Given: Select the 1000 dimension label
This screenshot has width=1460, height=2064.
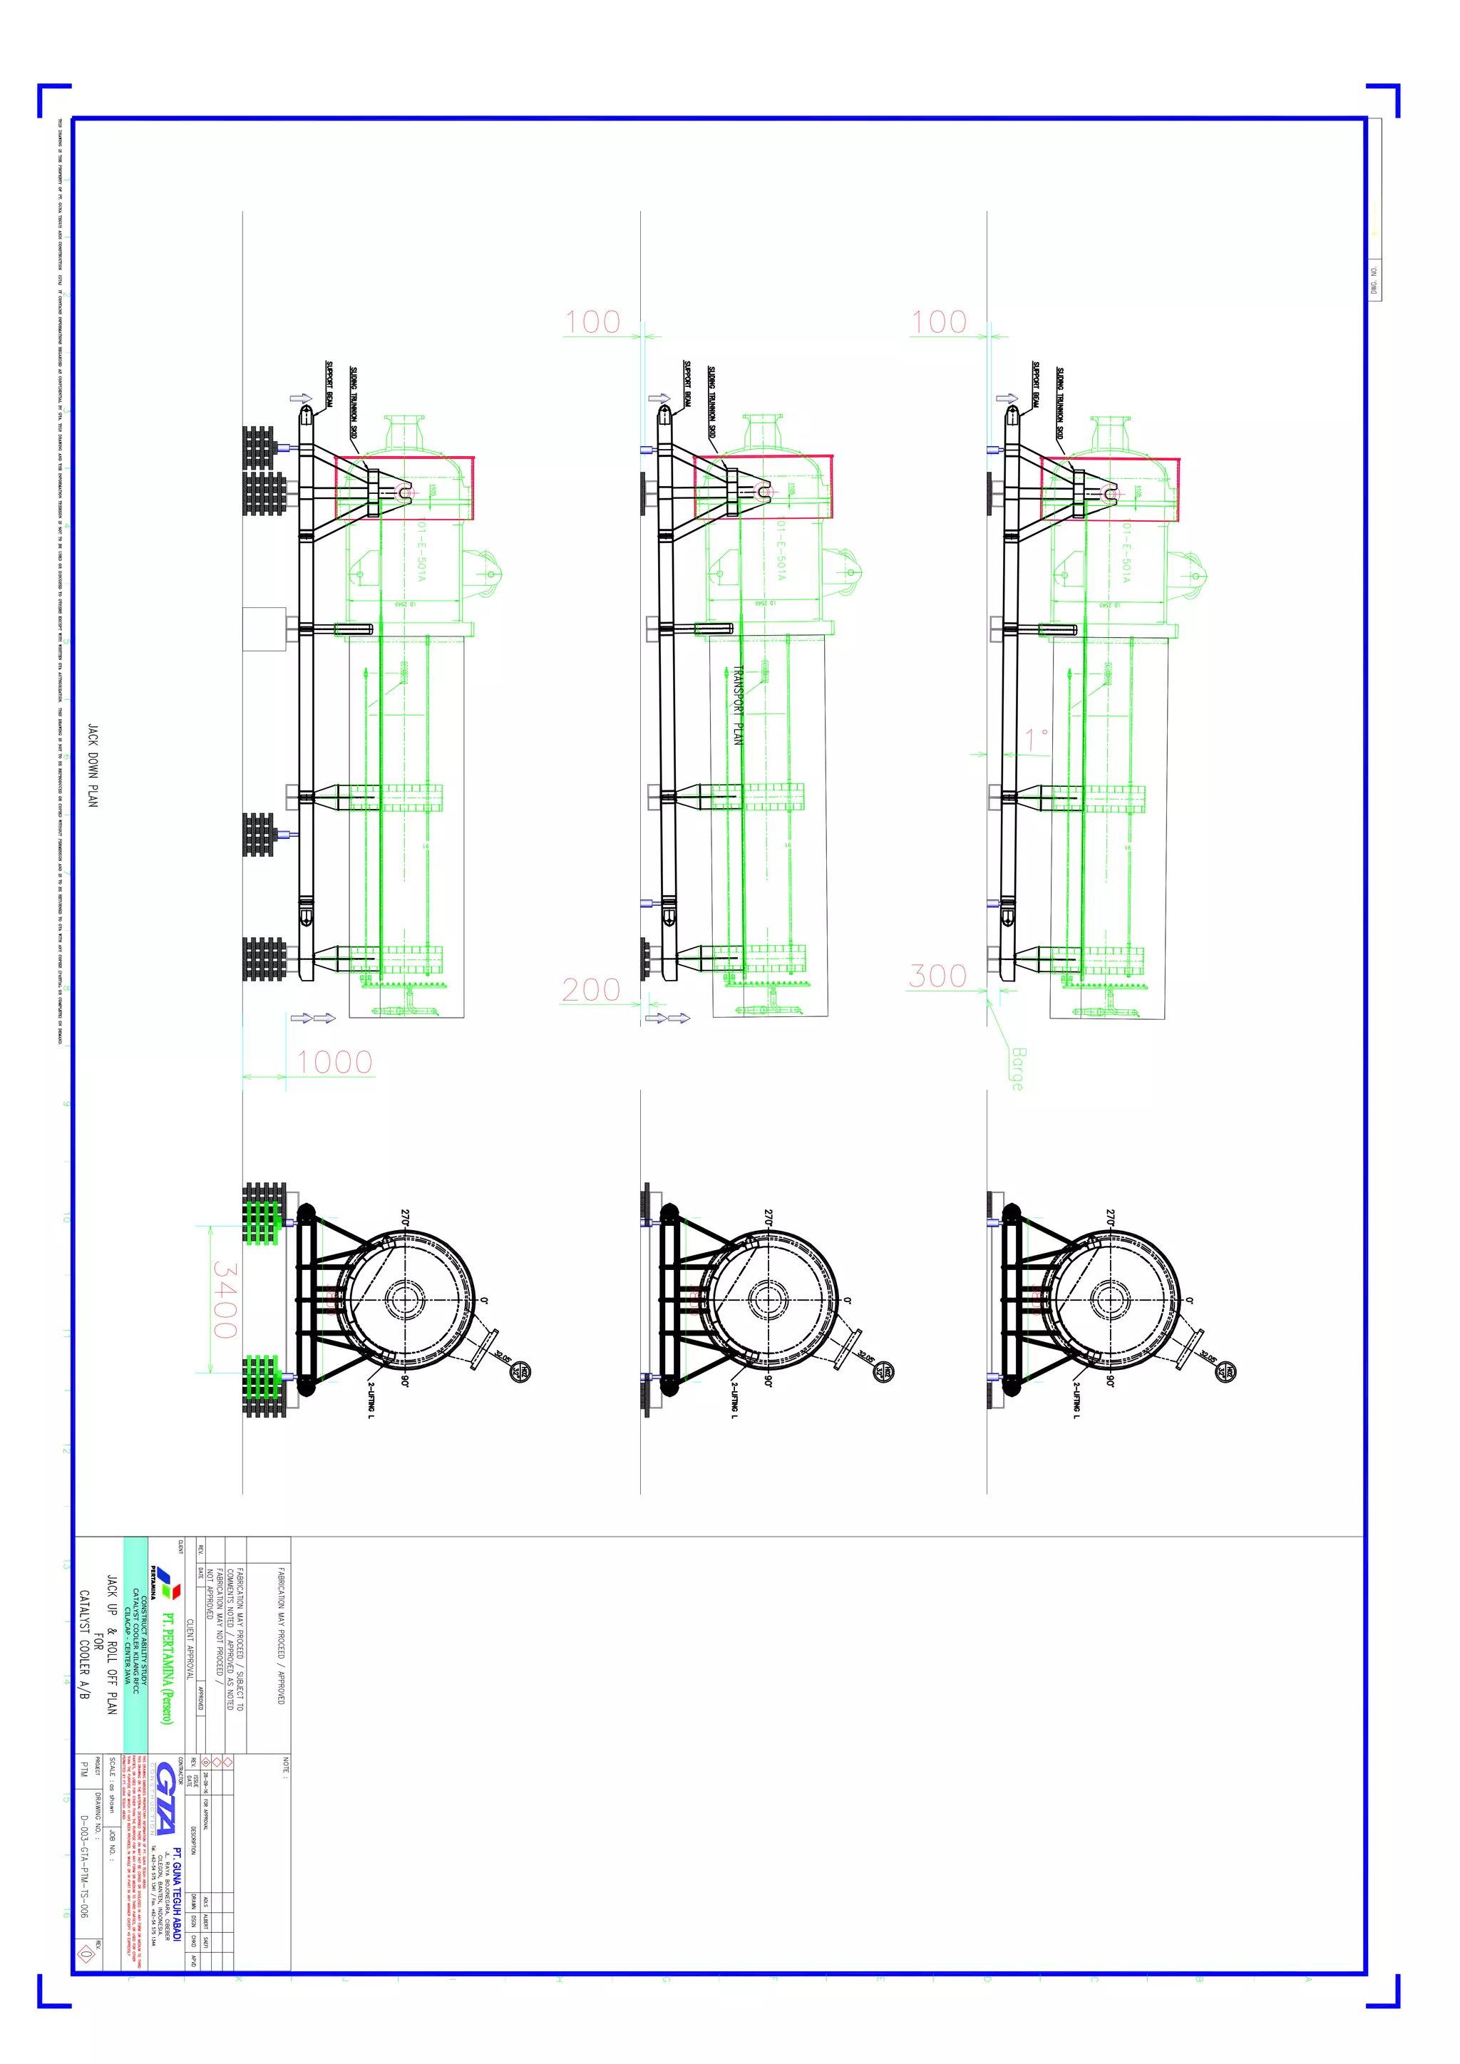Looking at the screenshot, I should point(334,1063).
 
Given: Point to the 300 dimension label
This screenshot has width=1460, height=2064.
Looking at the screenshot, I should point(937,976).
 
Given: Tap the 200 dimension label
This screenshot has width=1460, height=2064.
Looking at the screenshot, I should point(591,990).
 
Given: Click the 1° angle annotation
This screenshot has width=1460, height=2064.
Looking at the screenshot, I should point(1037,739).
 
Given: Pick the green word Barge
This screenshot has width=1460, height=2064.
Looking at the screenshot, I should point(1017,1068).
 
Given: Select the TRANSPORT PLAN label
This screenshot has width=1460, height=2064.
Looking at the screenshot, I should point(738,705).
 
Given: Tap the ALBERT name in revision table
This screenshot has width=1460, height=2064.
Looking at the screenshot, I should point(205,1920).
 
